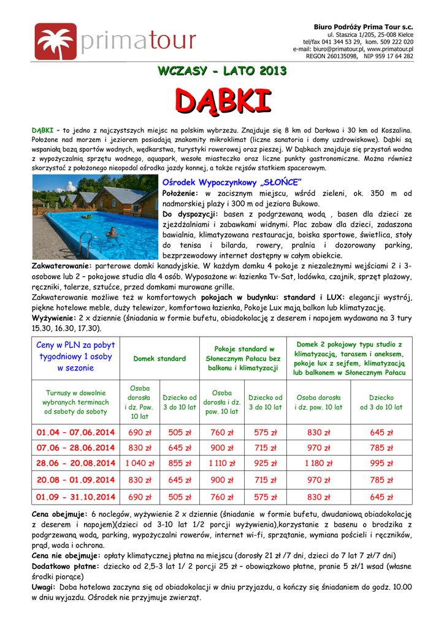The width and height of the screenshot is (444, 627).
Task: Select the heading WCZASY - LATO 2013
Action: pyautogui.click(x=221, y=72)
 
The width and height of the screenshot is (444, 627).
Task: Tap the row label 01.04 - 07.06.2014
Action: pyautogui.click(x=75, y=432)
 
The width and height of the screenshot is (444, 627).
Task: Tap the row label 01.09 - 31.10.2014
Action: pyautogui.click(x=75, y=497)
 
